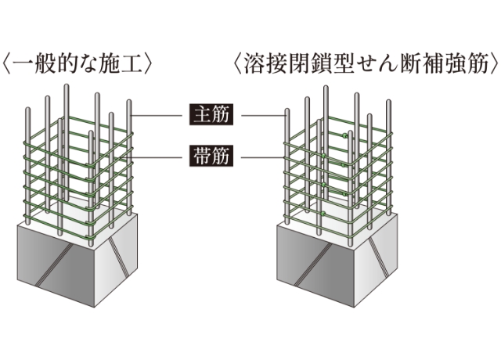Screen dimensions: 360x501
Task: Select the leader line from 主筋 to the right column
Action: coord(262,117)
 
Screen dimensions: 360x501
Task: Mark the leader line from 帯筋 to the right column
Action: coord(262,156)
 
